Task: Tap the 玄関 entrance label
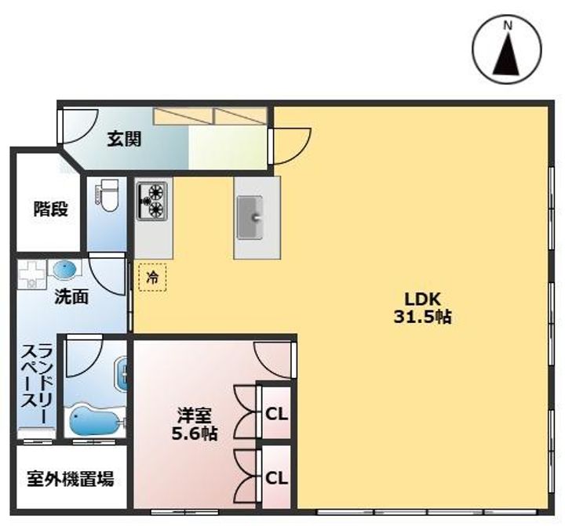pos(124,140)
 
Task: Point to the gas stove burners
pos(153,200)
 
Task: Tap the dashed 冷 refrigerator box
pos(151,277)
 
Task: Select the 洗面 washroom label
pos(71,296)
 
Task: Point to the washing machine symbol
pos(33,272)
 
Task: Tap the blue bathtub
pos(92,423)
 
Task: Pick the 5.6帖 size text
pos(195,433)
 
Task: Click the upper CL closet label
pos(275,413)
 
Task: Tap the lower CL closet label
pos(275,477)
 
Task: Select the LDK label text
pos(425,299)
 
